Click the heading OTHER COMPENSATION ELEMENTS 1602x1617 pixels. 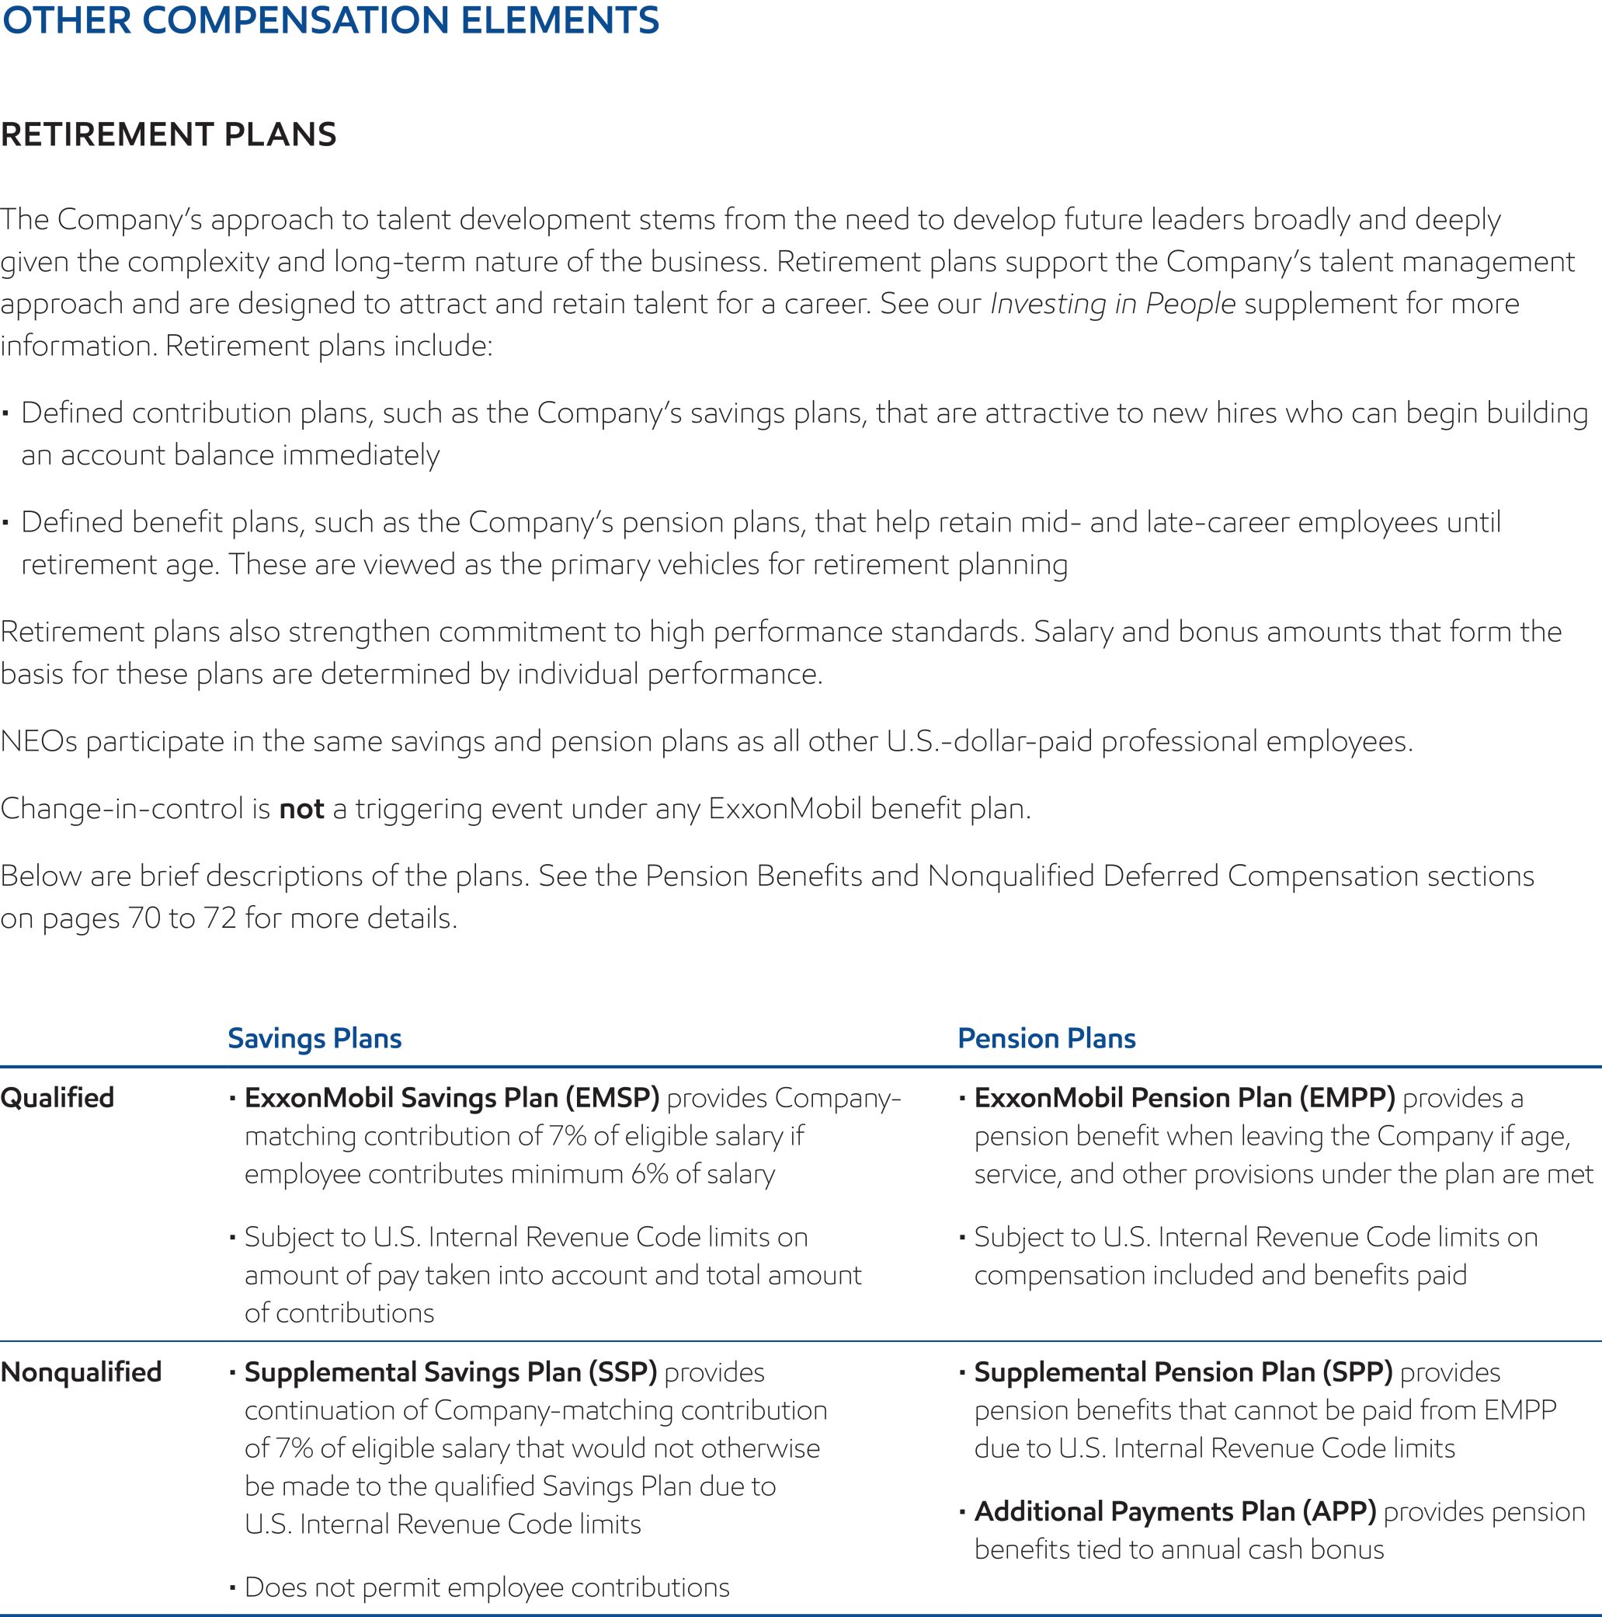point(331,21)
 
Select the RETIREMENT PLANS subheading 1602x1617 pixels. point(169,134)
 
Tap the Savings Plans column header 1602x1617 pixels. point(314,1038)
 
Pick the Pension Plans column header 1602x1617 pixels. point(1047,1038)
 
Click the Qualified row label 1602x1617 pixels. point(57,1097)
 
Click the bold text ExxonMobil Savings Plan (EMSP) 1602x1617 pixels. point(452,1097)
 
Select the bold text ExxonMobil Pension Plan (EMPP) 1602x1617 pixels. point(1184,1097)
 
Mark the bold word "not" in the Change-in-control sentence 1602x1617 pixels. point(301,810)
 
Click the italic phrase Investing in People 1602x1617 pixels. point(1113,304)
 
